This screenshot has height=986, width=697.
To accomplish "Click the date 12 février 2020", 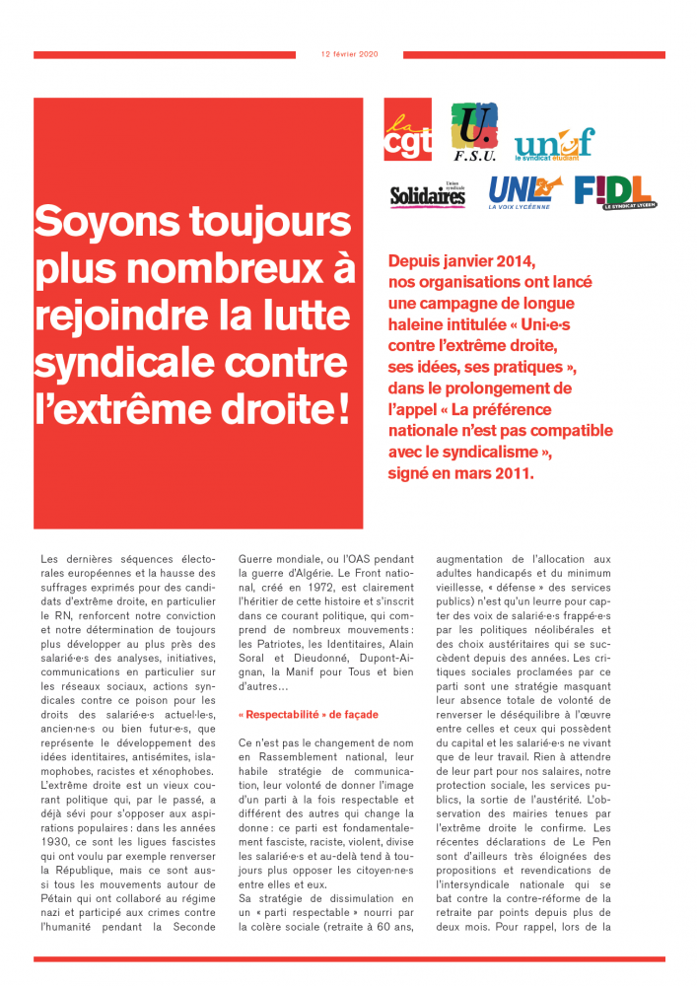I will pyautogui.click(x=349, y=54).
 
